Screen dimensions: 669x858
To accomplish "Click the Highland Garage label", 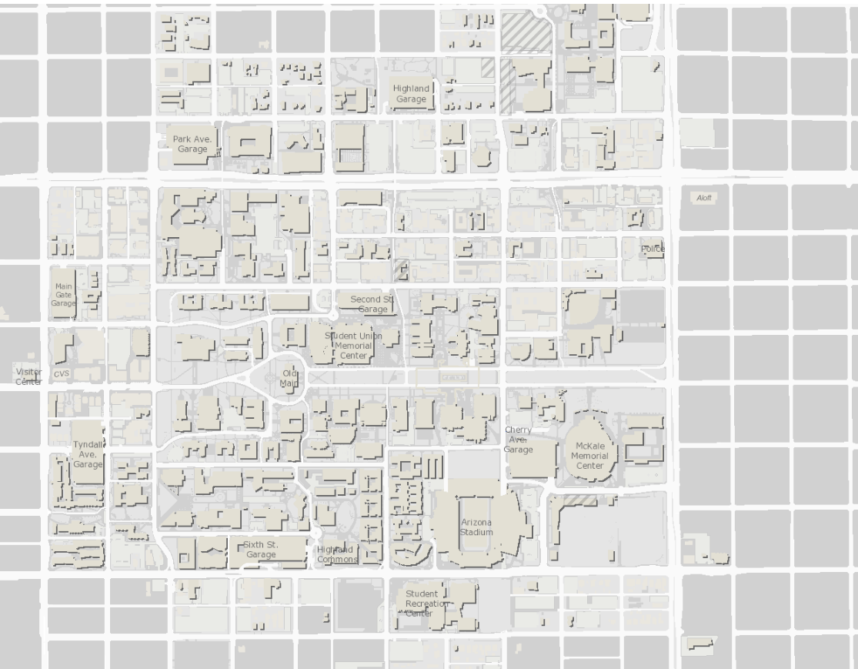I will coord(410,93).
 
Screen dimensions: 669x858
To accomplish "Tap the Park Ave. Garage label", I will coord(192,144).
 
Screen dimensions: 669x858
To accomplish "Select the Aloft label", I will coord(703,199).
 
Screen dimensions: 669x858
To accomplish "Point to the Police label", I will coord(653,249).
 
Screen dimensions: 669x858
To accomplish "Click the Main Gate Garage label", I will coord(63,295).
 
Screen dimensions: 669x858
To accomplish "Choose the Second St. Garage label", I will coord(372,303).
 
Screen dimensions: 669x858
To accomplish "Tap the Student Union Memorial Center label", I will coord(353,346).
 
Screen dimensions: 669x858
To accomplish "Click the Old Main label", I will coord(289,377).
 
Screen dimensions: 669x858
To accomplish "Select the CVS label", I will coord(62,373).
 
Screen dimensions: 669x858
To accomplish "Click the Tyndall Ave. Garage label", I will coord(88,454).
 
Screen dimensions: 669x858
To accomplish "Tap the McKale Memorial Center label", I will coord(589,456).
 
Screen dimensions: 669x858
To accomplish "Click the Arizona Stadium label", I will coord(477,527).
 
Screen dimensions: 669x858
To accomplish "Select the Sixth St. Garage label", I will coord(261,550).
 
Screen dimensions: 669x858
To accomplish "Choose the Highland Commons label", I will coord(336,554).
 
